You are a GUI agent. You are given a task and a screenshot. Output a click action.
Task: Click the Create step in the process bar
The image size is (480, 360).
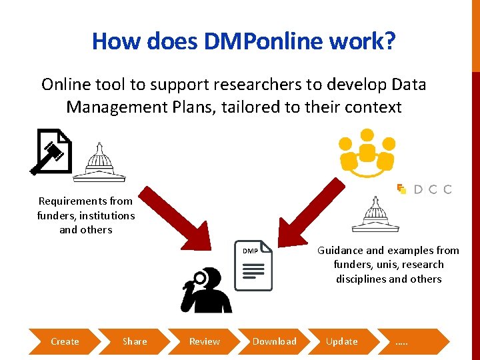click(65, 341)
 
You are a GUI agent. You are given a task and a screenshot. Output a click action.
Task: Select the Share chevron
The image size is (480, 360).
click(135, 341)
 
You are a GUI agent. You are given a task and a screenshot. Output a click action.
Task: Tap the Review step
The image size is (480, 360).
click(204, 341)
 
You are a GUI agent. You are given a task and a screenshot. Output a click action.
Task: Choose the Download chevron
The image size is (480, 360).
click(274, 341)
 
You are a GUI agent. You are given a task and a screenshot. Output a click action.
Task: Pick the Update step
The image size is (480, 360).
click(341, 341)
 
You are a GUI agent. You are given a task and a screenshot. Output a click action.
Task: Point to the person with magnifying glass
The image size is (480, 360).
click(206, 290)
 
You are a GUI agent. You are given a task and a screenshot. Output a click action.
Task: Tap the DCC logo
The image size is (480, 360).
click(425, 189)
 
